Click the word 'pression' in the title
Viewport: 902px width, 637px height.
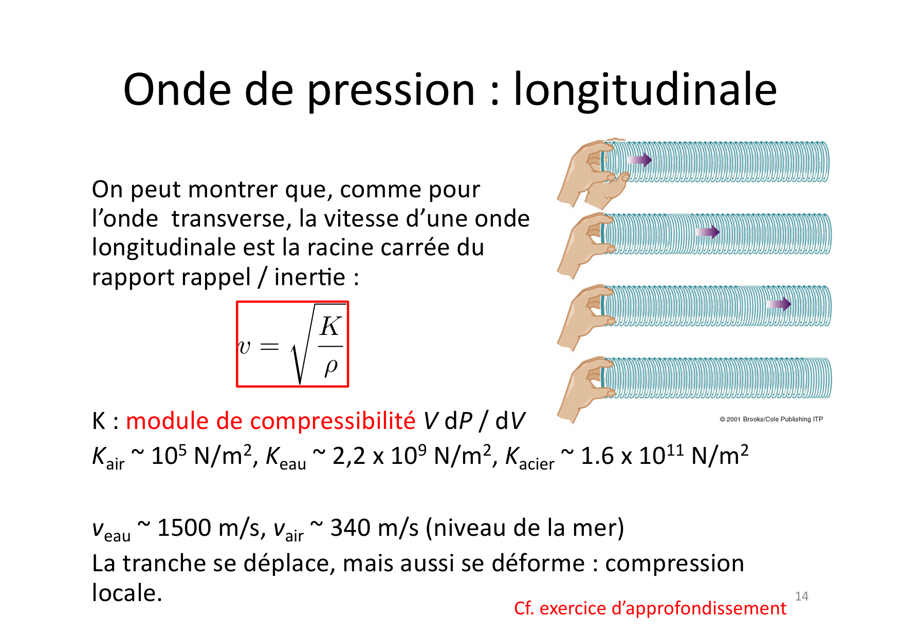(391, 90)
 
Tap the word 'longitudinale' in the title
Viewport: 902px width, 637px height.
(645, 90)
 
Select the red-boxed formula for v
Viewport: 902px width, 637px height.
(292, 344)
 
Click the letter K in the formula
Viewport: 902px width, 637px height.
(330, 326)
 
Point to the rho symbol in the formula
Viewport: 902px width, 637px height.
(331, 366)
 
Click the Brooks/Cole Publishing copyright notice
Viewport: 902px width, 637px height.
(771, 419)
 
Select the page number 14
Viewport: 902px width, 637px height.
(801, 596)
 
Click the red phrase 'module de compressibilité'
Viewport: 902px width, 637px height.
(270, 421)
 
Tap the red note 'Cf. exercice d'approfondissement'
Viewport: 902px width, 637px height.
(650, 608)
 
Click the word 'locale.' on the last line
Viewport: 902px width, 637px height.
(127, 593)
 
